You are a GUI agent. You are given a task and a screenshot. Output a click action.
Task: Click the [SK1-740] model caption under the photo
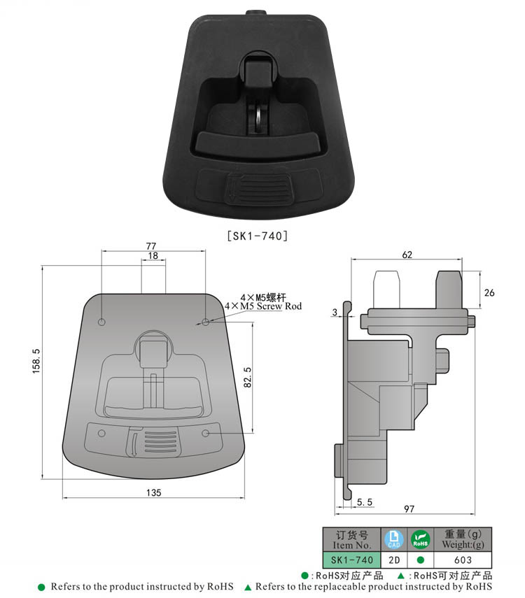[257, 236]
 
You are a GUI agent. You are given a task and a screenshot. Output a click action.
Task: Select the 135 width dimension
[154, 492]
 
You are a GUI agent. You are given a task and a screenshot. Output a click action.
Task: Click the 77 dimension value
[150, 245]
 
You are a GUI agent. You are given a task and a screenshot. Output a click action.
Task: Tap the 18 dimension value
[153, 257]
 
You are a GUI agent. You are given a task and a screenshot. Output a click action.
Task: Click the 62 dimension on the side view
[407, 255]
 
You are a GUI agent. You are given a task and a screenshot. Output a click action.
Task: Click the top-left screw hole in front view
[101, 322]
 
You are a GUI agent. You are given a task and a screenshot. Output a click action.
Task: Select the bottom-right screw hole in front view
[206, 434]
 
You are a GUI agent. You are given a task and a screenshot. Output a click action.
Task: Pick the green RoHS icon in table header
[419, 539]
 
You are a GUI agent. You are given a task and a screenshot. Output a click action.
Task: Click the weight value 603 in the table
[463, 560]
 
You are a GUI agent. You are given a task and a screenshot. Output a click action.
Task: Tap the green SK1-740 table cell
[351, 560]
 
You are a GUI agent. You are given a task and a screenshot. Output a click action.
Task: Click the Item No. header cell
[351, 539]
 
